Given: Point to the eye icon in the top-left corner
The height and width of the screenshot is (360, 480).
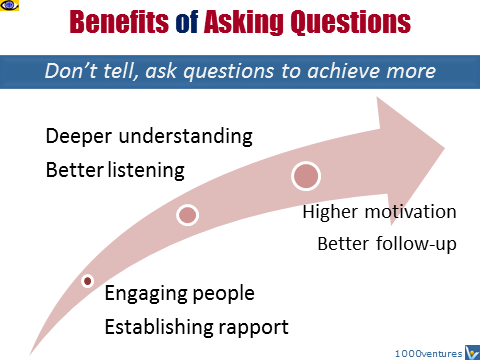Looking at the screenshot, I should [x=11, y=8].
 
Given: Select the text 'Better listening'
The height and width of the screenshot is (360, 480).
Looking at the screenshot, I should [x=115, y=170].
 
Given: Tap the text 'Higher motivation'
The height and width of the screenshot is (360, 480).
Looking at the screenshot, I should [x=379, y=212].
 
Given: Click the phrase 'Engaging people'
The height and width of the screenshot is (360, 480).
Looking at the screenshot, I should [x=180, y=294].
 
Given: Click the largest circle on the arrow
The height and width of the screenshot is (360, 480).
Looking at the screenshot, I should [x=306, y=176].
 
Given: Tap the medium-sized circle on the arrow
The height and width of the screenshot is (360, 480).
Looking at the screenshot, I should [x=187, y=215].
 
